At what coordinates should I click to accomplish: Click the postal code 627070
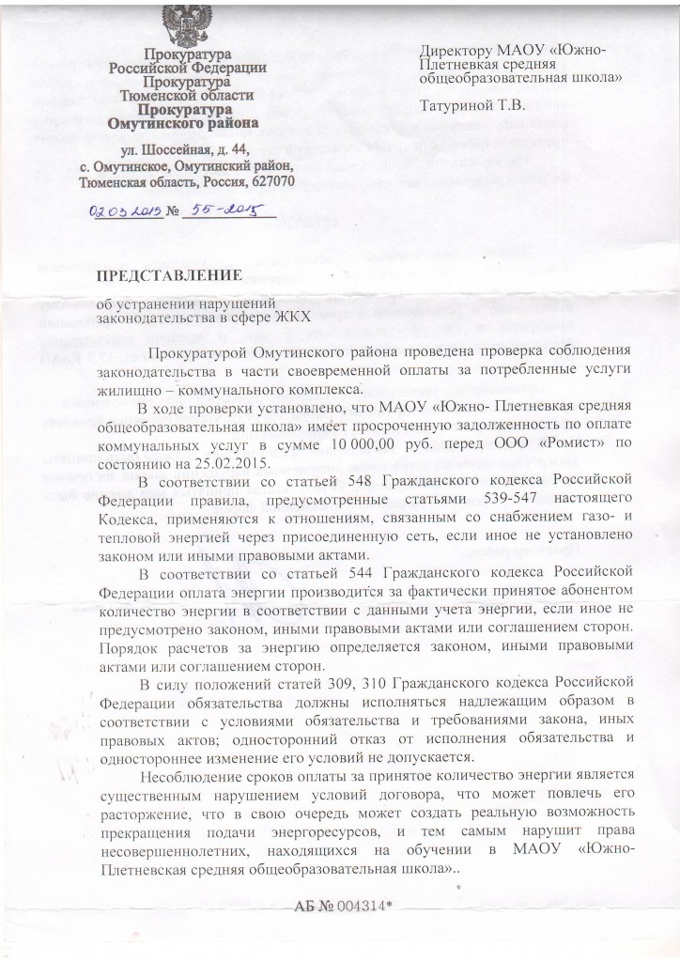(x=270, y=178)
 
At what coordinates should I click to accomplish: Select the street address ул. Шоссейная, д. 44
(x=188, y=149)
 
